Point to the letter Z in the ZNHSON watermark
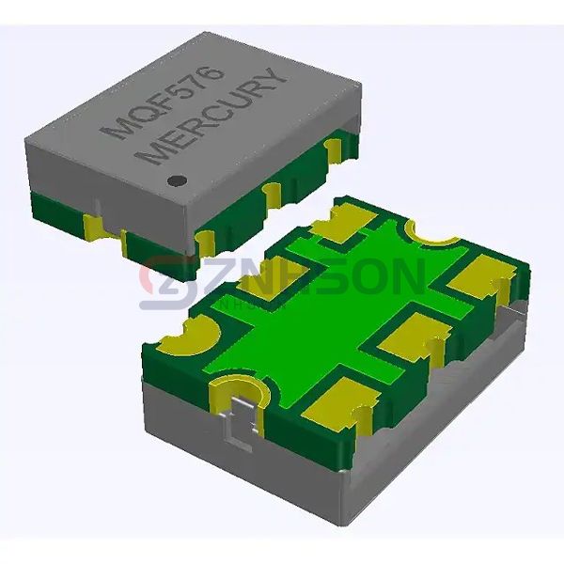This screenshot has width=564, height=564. tap(212, 279)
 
